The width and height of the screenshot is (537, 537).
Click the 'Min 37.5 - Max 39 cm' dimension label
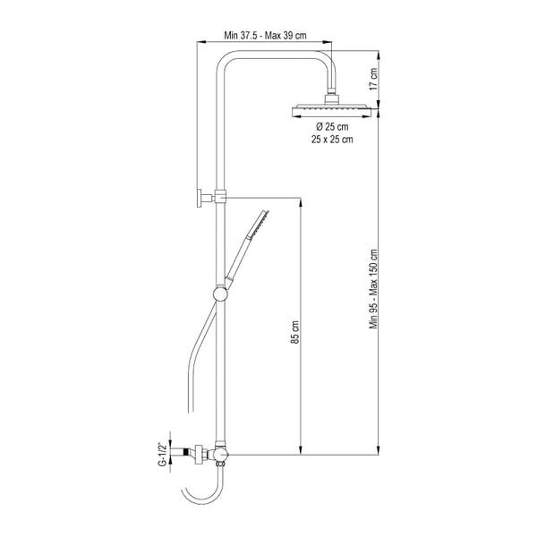click(265, 35)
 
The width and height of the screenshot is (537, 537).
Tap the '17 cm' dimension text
click(373, 79)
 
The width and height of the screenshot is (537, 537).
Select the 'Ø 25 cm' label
click(332, 127)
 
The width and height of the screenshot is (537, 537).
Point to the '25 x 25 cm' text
click(332, 140)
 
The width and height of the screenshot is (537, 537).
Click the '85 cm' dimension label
click(295, 332)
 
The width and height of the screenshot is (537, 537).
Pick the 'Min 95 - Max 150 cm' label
click(373, 289)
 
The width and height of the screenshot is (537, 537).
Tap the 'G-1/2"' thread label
click(164, 454)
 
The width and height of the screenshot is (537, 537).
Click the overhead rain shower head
click(331, 109)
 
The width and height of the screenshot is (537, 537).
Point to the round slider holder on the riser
click(220, 294)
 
